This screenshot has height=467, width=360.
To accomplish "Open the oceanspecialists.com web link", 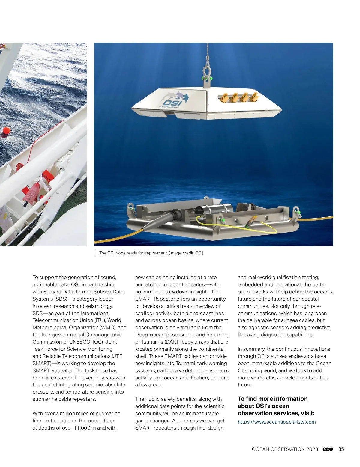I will tap(277, 422).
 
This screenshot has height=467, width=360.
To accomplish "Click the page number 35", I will tap(341, 449).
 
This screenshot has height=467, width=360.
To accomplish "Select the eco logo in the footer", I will tap(328, 449).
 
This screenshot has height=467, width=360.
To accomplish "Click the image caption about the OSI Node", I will tap(151, 253).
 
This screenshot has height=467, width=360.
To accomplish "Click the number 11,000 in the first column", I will tap(82, 428).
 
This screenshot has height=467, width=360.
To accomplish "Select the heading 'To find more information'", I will tap(273, 399).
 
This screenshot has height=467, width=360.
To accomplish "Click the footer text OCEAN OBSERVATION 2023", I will tap(285, 449).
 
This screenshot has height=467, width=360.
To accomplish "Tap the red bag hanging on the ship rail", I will tap(32, 192).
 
